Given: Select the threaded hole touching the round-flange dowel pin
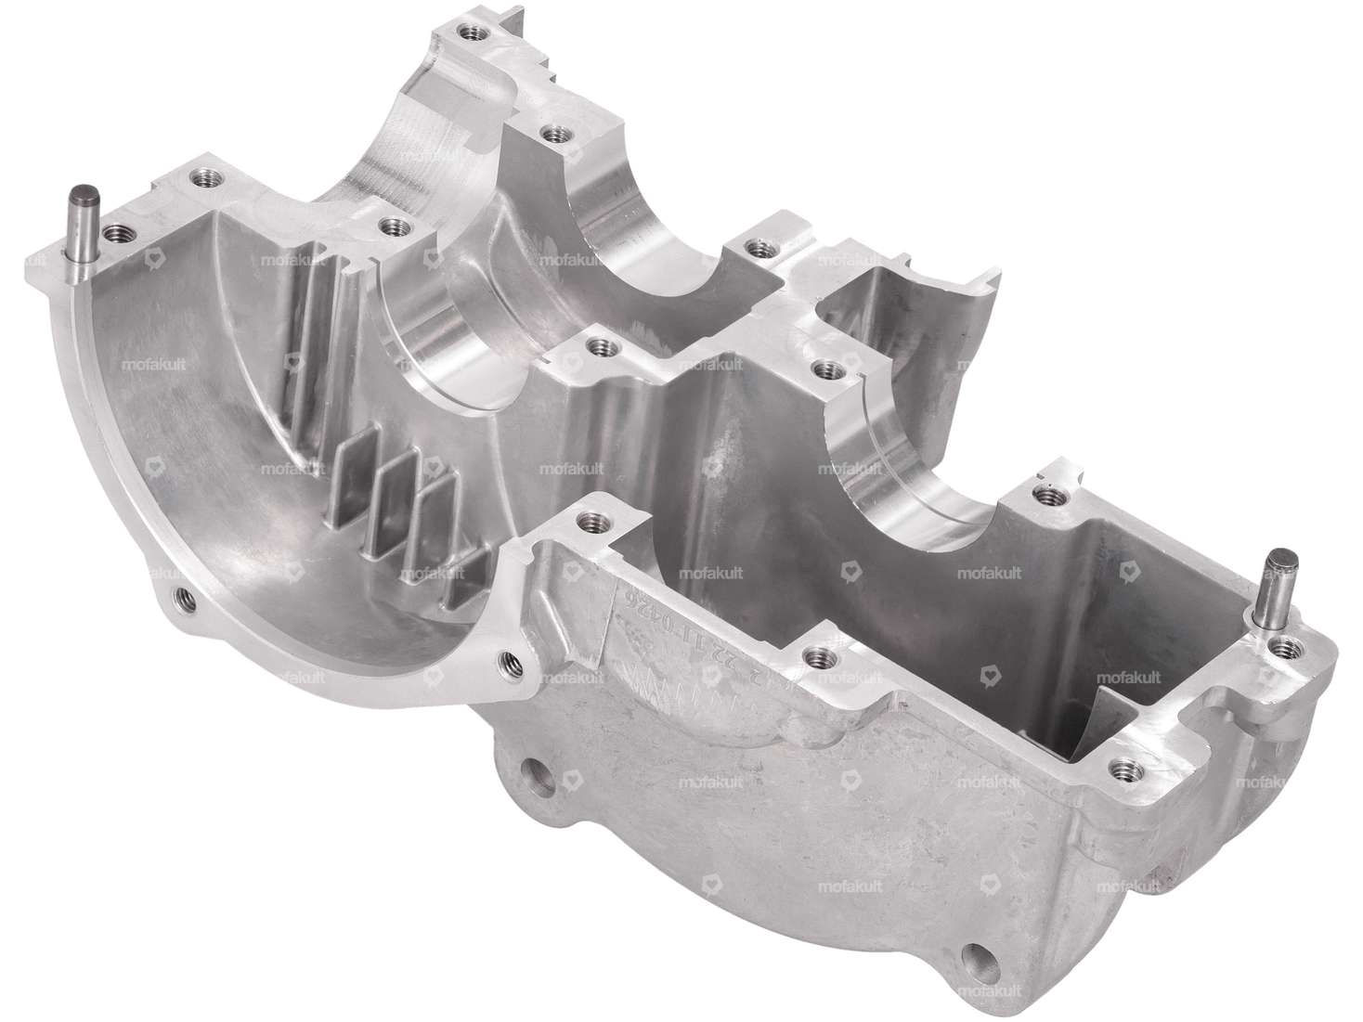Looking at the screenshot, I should click(x=116, y=233).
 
